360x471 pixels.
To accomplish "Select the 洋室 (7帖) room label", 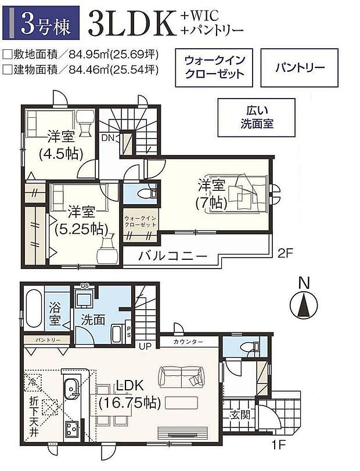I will [211, 194].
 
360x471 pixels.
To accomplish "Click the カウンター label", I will [188, 342].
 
